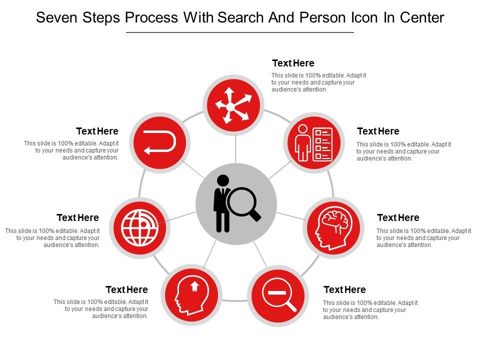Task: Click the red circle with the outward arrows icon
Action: (x=233, y=105)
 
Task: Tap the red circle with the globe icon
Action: (x=139, y=227)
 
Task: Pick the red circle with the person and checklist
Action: (x=314, y=142)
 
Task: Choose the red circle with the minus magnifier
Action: (x=277, y=295)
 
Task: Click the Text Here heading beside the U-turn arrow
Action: (x=97, y=131)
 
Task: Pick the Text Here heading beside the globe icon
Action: (x=77, y=218)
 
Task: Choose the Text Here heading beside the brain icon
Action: (x=398, y=218)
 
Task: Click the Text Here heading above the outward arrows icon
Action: (x=293, y=63)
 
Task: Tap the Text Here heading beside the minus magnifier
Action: (x=344, y=290)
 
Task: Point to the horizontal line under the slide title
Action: (x=240, y=32)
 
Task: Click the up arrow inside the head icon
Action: (x=195, y=285)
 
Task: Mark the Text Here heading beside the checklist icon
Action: (x=378, y=131)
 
